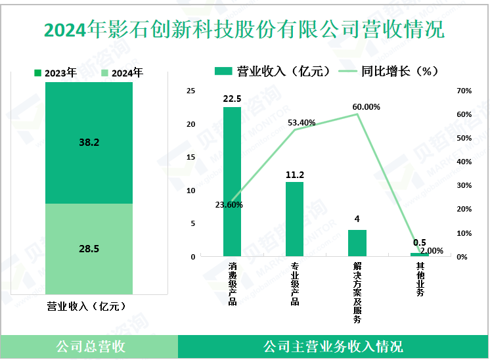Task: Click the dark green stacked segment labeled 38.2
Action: (89, 143)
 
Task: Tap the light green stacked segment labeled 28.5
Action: (89, 248)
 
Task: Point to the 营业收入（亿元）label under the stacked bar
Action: (86, 306)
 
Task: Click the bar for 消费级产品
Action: (232, 181)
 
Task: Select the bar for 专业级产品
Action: (294, 219)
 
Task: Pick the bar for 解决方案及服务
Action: (357, 242)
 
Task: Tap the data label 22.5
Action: (232, 99)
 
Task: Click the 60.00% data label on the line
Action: (366, 107)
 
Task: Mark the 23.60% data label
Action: (229, 205)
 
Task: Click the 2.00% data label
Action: (431, 251)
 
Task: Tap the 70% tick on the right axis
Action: (463, 91)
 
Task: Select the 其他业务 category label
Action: (419, 280)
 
